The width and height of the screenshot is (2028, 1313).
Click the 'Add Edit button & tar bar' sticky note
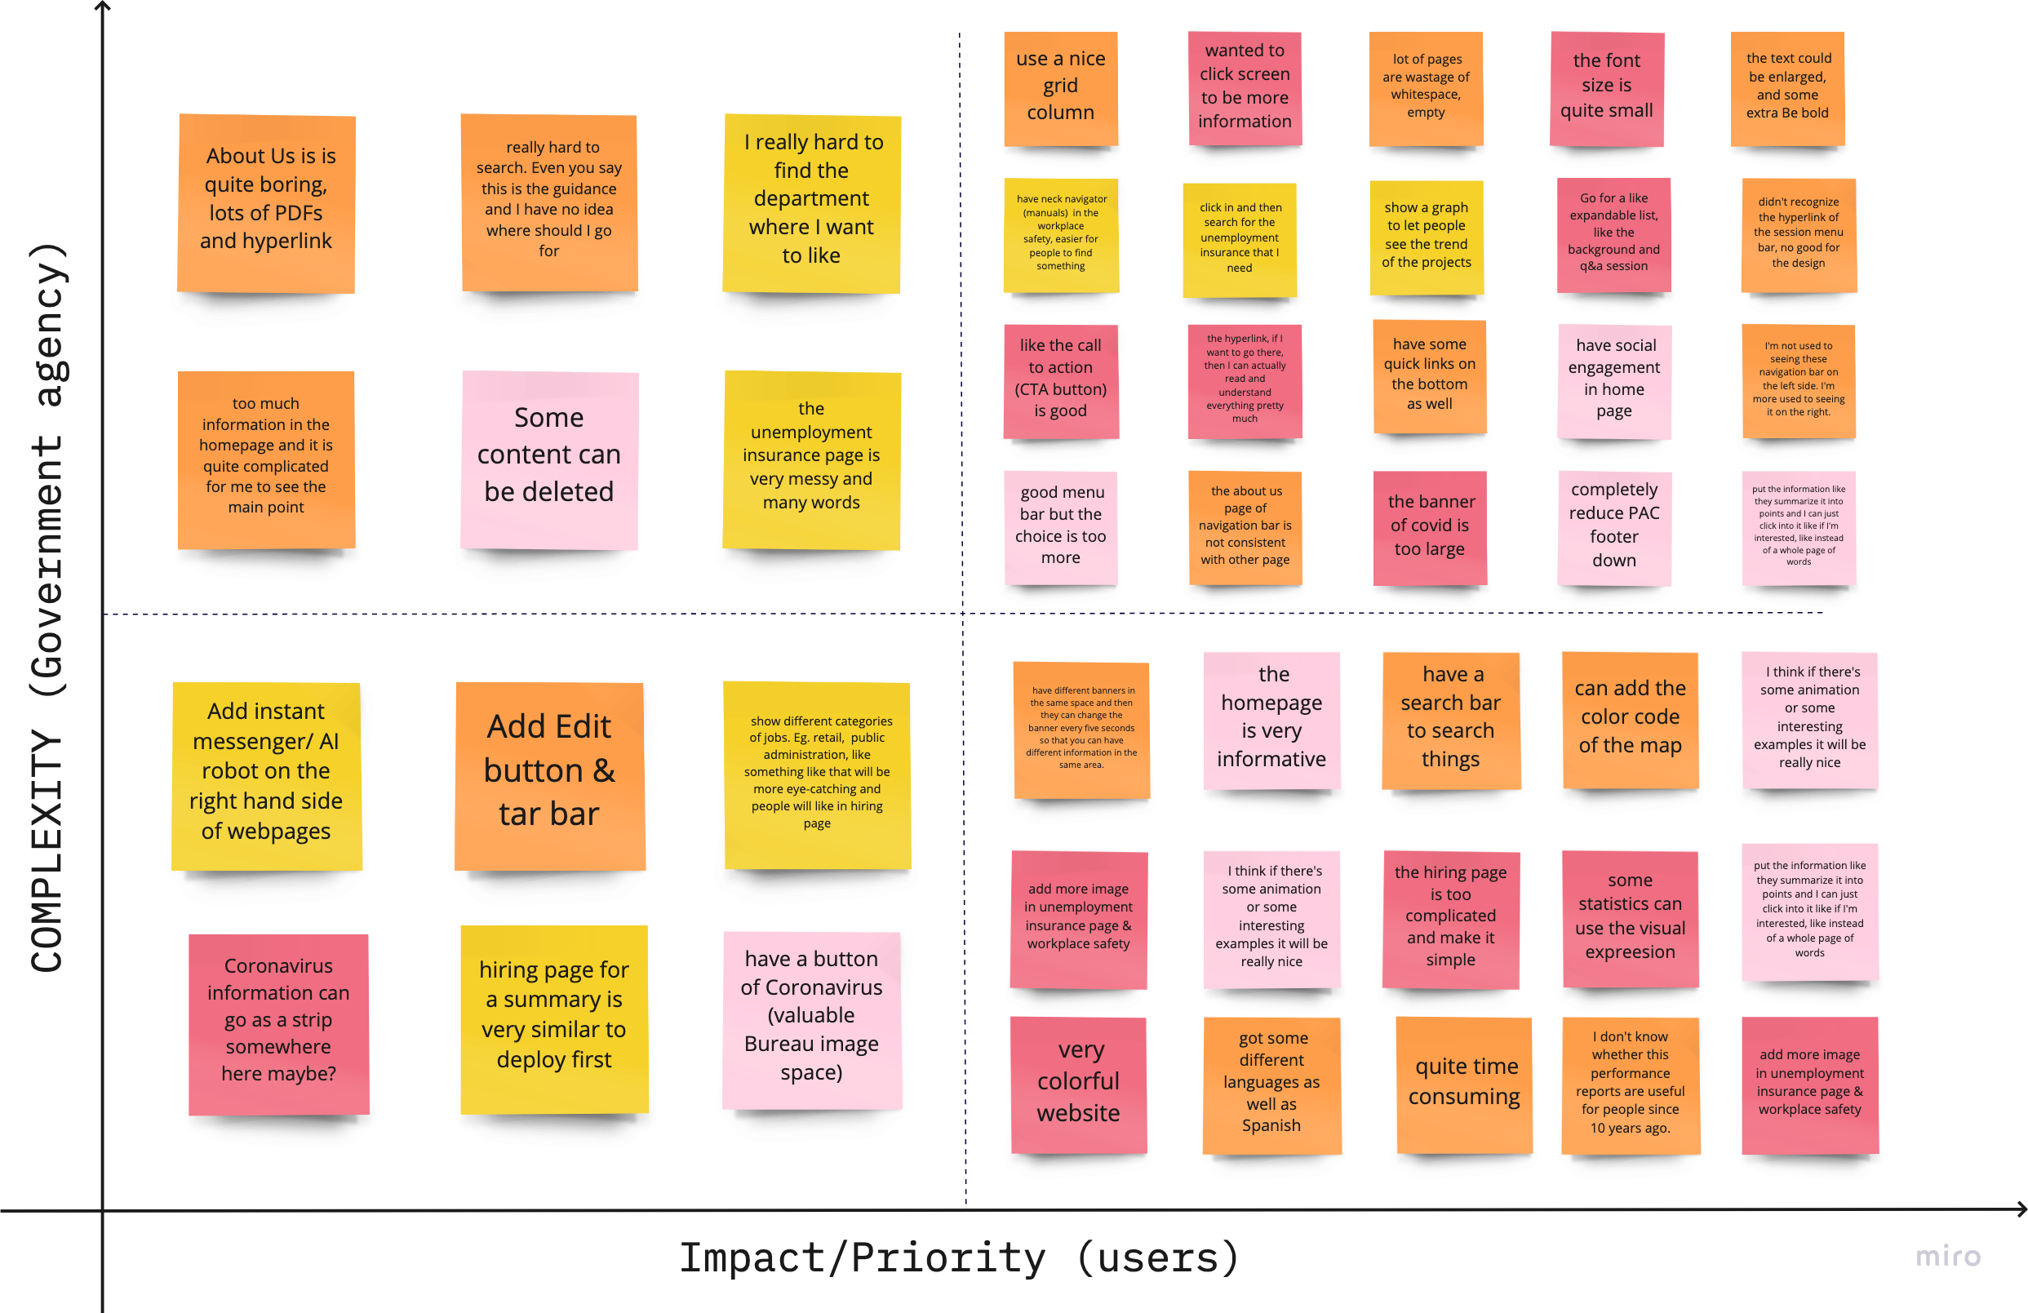[549, 776]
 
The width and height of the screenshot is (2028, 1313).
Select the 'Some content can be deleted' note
[549, 460]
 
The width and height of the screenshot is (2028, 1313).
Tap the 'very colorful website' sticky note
[1079, 1085]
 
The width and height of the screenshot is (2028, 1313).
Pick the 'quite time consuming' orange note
[1464, 1085]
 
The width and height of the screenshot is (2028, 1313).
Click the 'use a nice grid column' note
[1061, 89]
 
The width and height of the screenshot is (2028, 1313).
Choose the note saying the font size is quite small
[1606, 89]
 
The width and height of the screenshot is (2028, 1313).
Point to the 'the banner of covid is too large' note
[1430, 527]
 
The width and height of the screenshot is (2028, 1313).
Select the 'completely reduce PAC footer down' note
[1614, 527]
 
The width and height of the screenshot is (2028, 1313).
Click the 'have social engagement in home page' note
[1614, 381]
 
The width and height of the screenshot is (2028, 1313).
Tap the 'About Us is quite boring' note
[266, 204]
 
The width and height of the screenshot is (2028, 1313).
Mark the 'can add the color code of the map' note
[1630, 721]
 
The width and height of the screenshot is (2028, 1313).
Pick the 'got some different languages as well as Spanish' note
[1271, 1085]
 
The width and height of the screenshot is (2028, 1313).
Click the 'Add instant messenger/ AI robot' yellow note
[267, 776]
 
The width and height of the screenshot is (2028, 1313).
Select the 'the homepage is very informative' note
[1271, 721]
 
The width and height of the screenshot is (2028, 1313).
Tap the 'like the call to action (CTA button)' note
[1061, 381]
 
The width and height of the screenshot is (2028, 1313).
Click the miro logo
[1948, 1256]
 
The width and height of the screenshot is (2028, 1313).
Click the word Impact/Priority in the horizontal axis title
[863, 1258]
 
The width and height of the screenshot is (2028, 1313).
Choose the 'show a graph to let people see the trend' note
[1427, 236]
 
